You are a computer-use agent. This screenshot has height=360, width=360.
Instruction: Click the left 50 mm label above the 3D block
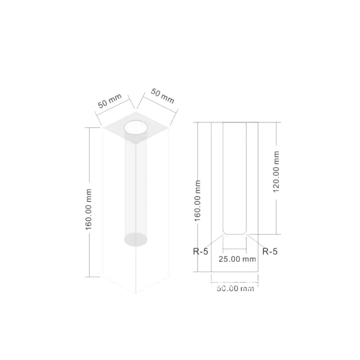point(109,101)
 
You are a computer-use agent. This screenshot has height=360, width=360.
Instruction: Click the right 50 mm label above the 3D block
point(162,96)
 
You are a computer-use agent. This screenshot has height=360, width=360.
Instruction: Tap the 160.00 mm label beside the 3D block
point(88,209)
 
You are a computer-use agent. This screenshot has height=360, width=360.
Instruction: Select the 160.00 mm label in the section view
point(197,201)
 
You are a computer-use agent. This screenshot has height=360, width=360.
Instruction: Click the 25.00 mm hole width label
point(237,259)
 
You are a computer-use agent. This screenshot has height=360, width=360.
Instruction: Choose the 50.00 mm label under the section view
point(235,288)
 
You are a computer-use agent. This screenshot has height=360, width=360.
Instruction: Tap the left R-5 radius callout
point(200,251)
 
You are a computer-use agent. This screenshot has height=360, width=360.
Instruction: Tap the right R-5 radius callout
point(270,251)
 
